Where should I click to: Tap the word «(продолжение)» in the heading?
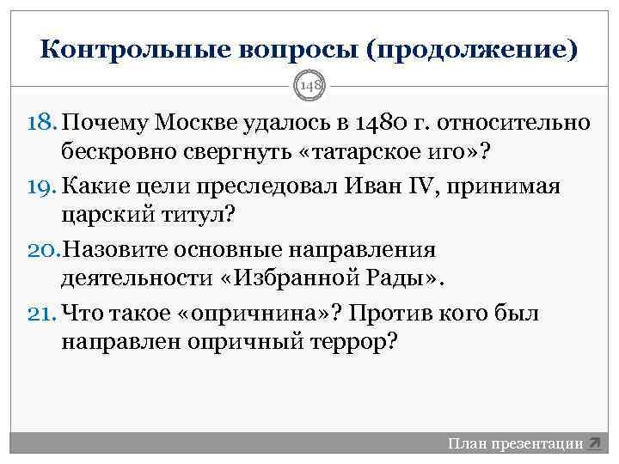pyautogui.click(x=471, y=49)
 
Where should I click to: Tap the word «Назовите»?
pyautogui.click(x=126, y=251)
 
